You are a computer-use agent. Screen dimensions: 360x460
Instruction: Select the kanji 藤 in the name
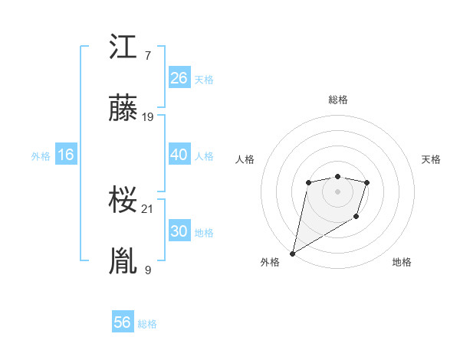(x=123, y=108)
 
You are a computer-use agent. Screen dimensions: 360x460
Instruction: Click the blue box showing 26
(x=179, y=77)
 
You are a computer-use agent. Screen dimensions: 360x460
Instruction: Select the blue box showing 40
(x=179, y=154)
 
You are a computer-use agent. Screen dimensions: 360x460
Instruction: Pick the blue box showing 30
(x=179, y=231)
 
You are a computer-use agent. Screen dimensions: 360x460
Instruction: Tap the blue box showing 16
(x=65, y=155)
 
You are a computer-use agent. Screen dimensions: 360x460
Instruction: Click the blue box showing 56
(x=123, y=322)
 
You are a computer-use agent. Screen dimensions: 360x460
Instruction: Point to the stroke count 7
(x=147, y=56)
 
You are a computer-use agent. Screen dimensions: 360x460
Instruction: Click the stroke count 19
(x=149, y=117)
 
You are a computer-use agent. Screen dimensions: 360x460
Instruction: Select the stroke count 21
(x=149, y=208)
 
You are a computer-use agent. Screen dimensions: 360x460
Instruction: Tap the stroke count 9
(x=147, y=270)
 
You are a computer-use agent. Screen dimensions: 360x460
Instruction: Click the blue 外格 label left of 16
(x=41, y=155)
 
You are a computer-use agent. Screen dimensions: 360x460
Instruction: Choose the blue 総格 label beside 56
(x=147, y=324)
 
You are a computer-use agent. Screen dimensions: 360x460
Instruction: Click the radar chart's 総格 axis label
(x=337, y=100)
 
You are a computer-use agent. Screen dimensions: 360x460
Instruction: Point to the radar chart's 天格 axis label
(x=432, y=159)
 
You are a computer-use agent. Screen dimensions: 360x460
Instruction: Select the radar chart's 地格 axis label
(x=402, y=263)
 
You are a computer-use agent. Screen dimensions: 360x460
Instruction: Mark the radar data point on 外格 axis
(x=293, y=253)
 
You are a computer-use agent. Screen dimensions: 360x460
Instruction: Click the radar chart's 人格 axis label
(x=245, y=159)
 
